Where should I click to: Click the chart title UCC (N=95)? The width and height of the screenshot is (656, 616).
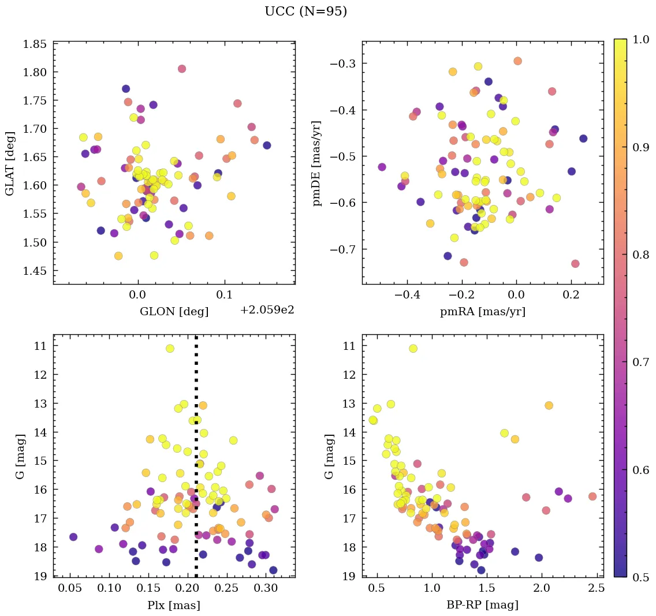[305, 12]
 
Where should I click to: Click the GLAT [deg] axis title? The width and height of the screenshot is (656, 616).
[10, 163]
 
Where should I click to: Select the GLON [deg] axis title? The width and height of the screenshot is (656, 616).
[174, 312]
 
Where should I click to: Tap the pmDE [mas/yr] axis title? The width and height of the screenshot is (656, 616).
[317, 163]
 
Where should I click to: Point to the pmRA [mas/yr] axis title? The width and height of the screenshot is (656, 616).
[483, 312]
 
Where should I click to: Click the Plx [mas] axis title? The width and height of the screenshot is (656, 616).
[174, 605]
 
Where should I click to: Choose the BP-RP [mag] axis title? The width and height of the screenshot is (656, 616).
[483, 605]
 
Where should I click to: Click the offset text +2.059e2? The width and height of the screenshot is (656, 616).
[267, 310]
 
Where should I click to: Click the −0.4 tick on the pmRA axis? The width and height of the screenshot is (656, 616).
[407, 296]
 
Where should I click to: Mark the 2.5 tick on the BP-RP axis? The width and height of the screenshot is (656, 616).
[597, 589]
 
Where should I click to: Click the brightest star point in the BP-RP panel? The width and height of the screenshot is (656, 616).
[413, 348]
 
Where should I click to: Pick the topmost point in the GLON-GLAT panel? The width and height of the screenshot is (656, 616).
[182, 69]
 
